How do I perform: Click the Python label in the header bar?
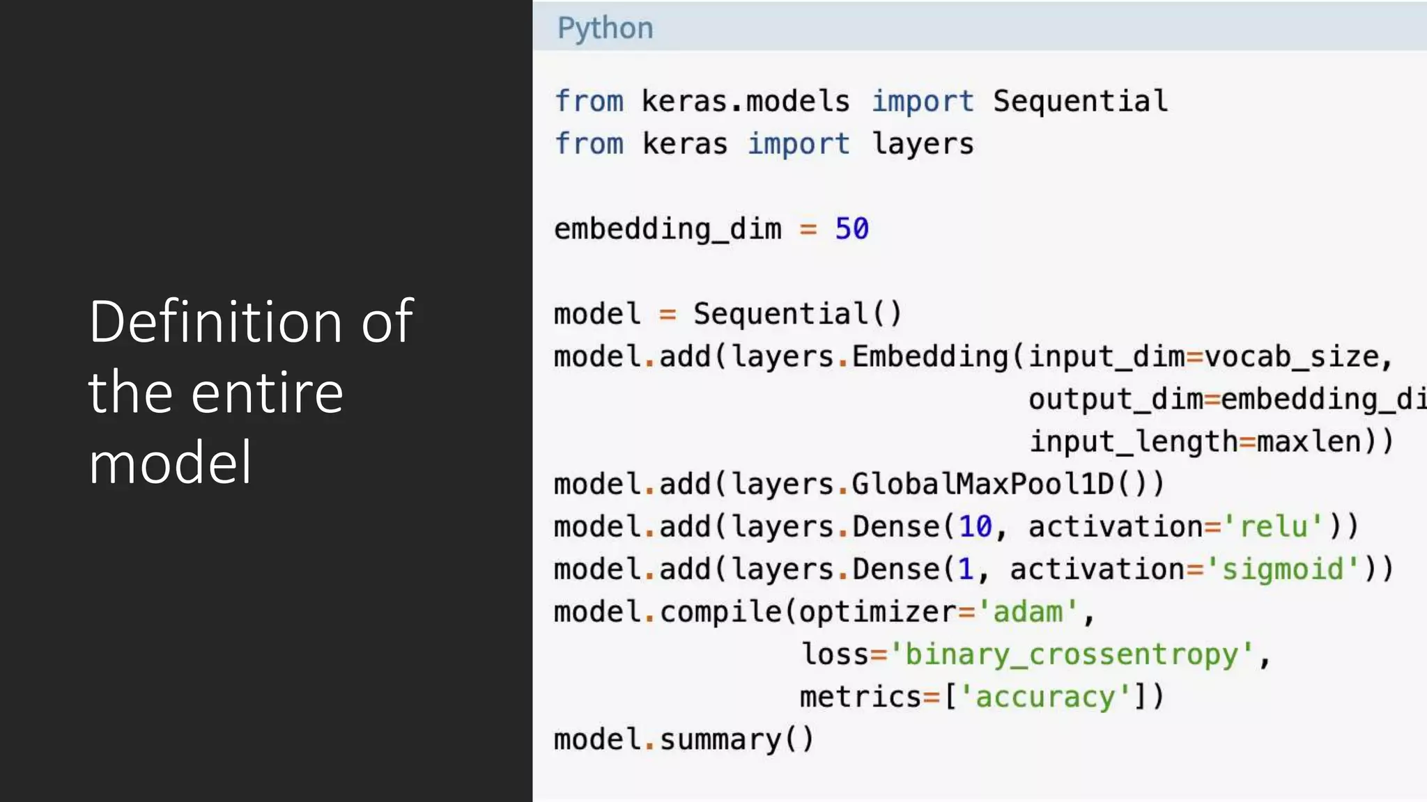pos(605,29)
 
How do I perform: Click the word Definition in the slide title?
pos(215,322)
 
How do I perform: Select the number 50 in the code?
pos(851,229)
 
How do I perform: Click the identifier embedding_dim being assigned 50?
pos(668,229)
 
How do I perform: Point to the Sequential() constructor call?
pos(797,314)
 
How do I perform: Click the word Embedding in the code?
pos(930,356)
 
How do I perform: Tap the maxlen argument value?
pos(1309,441)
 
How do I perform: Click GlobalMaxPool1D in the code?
pos(982,484)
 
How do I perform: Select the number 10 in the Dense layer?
pos(975,526)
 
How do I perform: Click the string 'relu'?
pos(1274,526)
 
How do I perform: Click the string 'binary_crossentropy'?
pos(1072,654)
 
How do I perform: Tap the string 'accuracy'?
pos(1045,697)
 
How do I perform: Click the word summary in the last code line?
pos(720,739)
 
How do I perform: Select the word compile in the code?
pos(720,612)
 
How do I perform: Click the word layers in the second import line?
pos(923,144)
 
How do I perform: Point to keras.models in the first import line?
pos(746,102)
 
